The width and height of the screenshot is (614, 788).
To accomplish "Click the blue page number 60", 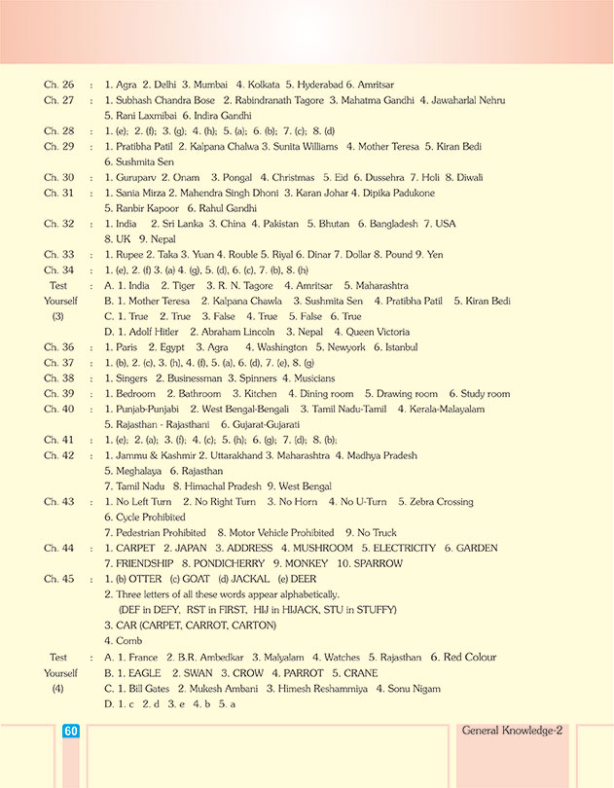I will click(70, 732).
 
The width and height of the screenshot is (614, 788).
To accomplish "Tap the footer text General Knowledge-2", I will click(513, 730).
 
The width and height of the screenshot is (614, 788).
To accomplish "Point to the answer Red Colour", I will click(477, 657).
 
